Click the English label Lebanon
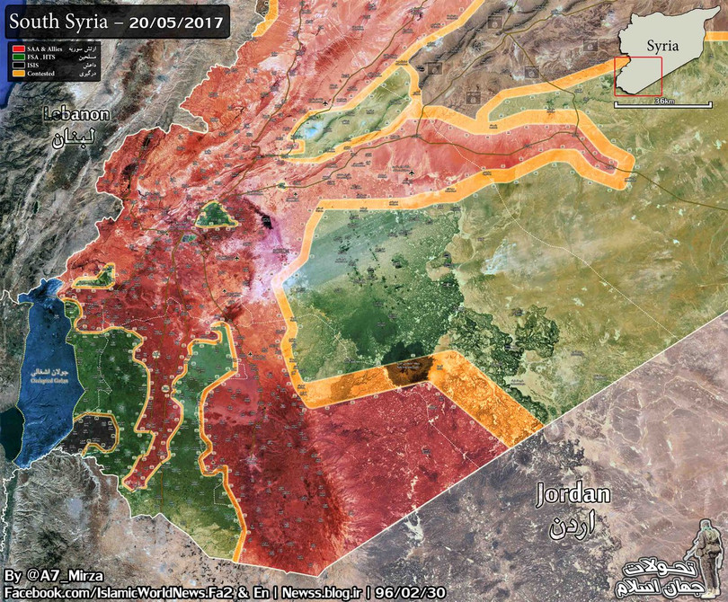point(76,115)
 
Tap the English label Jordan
point(573,495)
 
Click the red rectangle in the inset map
point(638,76)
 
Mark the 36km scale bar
point(664,103)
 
